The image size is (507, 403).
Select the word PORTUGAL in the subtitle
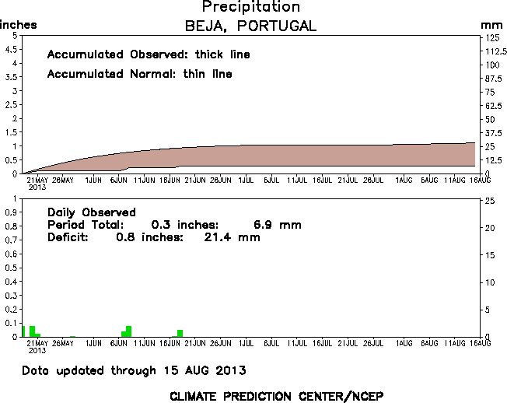coord(278,26)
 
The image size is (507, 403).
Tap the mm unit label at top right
coord(491,26)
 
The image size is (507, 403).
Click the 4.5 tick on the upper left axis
coord(12,50)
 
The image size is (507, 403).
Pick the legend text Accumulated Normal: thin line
coord(139,75)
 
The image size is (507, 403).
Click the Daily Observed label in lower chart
coord(92,212)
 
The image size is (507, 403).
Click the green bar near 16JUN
coord(180,333)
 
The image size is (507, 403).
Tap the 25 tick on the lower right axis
coord(488,201)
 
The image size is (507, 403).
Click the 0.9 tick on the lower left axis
coord(12,213)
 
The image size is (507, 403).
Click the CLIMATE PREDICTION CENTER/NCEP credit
coord(276,395)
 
